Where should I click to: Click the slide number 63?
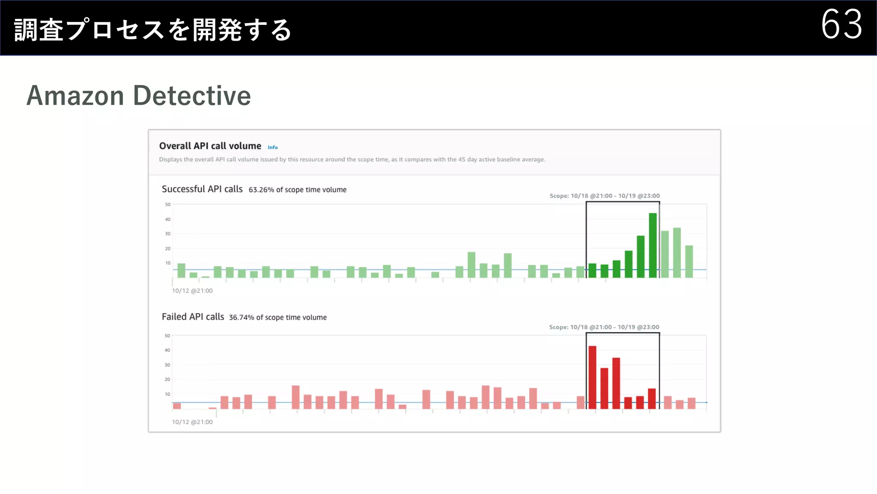point(841,24)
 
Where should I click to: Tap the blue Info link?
point(273,148)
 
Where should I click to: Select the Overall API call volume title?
point(210,146)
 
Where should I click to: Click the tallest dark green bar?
point(653,245)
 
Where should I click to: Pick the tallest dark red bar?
point(592,377)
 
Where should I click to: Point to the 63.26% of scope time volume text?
point(297,190)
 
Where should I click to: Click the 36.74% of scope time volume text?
point(277,317)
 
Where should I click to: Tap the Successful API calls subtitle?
point(202,189)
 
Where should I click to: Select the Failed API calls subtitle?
point(193,317)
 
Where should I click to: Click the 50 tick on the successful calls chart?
point(168,205)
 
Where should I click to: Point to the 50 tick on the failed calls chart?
point(167,336)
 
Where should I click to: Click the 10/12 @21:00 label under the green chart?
point(192,291)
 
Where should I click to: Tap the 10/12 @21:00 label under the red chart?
point(192,422)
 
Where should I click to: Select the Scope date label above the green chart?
point(605,196)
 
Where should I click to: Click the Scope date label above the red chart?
point(604,327)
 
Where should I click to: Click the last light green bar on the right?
point(689,262)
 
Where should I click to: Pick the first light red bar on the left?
point(177,406)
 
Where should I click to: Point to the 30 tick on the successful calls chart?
point(168,234)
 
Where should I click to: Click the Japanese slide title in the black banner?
point(153,30)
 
